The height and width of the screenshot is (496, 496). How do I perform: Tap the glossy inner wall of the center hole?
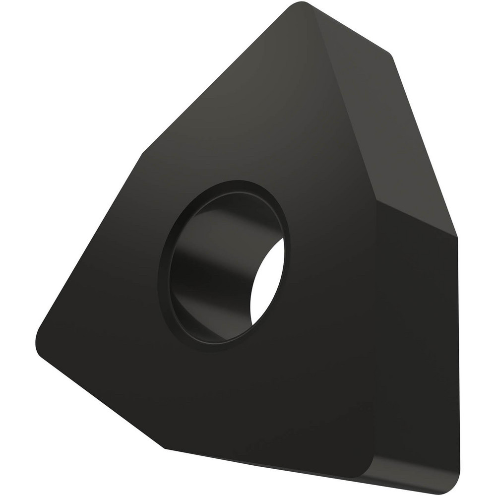(x=208, y=278)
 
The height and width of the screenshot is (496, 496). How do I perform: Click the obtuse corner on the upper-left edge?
(x=144, y=154)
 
